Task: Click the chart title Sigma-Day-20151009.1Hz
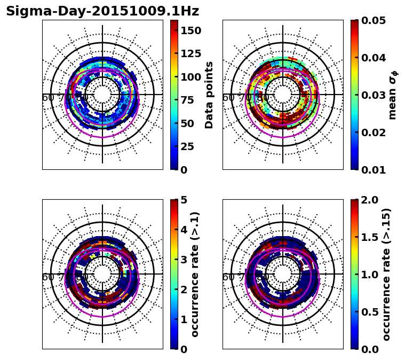102,11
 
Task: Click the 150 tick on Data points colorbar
190,30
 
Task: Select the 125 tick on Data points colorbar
190,53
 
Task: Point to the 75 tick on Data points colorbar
187,100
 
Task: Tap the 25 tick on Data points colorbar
187,146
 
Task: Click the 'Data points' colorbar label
209,95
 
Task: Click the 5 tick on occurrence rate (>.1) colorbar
184,200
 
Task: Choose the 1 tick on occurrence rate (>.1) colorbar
184,319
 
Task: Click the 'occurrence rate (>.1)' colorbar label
195,274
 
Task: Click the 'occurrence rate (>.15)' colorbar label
386,274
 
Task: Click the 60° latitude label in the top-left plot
47,98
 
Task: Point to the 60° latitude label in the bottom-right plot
228,277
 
